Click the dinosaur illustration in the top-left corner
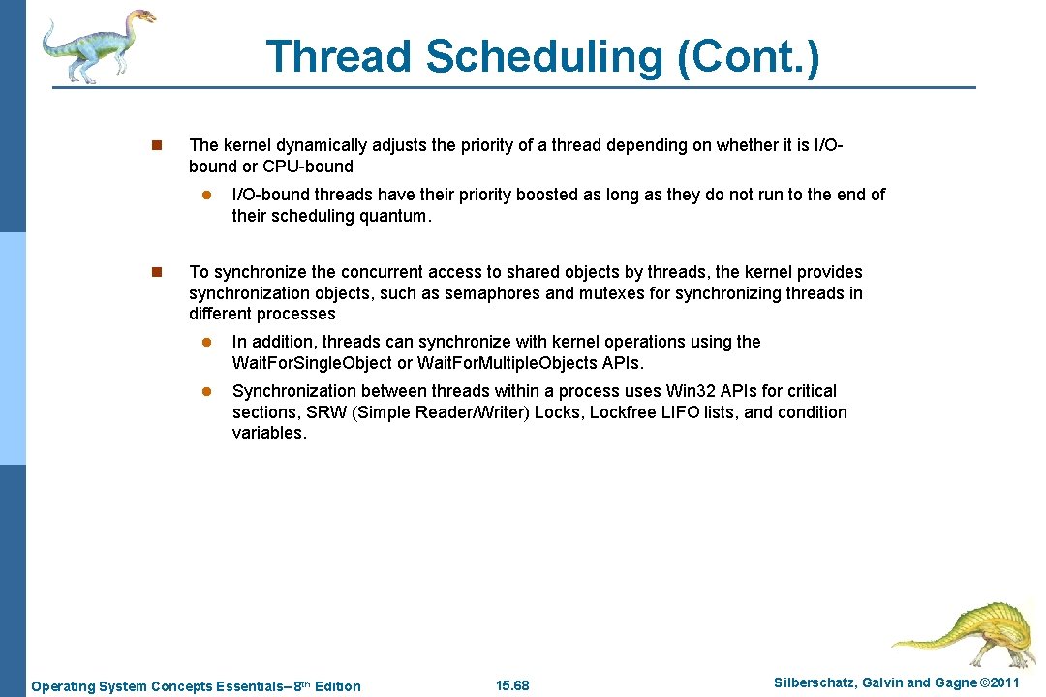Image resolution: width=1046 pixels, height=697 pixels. [x=97, y=45]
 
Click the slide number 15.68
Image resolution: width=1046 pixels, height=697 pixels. [x=512, y=686]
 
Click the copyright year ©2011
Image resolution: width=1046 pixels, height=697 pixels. [x=1000, y=683]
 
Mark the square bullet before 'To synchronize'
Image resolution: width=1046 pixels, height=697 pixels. [x=156, y=273]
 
